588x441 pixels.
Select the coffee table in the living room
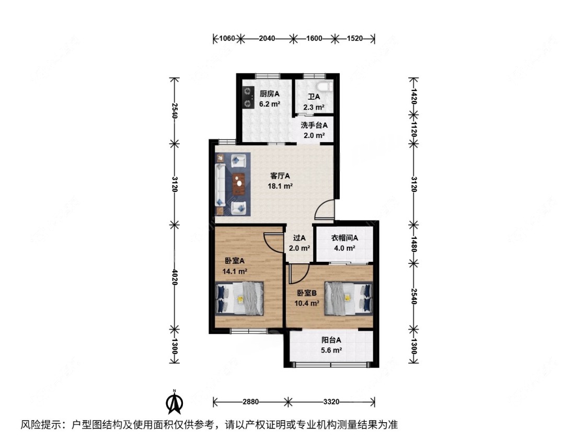click(238, 183)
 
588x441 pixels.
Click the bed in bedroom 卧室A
click(239, 298)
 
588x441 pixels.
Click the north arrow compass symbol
click(175, 402)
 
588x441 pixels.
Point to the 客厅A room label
click(280, 176)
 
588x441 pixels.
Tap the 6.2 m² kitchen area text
click(270, 104)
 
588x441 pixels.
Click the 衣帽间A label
click(344, 238)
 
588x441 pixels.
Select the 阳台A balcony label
click(331, 340)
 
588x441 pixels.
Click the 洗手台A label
click(314, 125)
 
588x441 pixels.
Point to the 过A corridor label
click(299, 238)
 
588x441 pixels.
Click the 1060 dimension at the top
click(227, 38)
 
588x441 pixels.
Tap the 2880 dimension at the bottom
click(250, 402)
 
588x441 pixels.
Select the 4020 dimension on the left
click(175, 276)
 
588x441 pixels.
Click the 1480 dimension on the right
click(413, 244)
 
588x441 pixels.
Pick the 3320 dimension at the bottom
click(331, 402)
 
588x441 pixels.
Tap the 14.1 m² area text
click(235, 271)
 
